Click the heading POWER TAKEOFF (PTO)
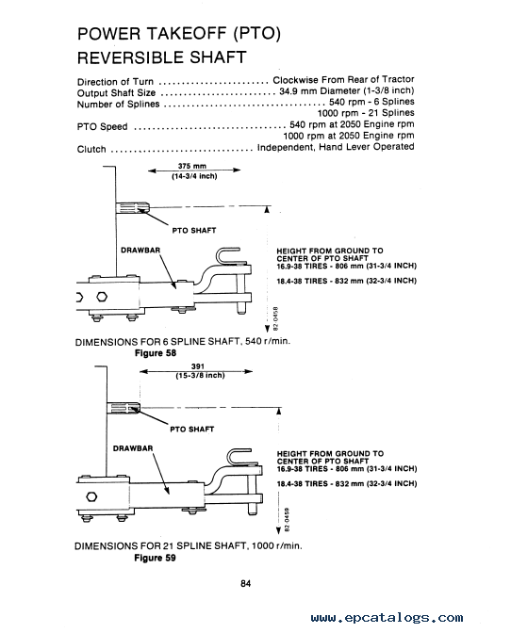178,34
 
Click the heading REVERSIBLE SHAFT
161,57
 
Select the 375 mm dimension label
192,166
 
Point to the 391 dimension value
198,366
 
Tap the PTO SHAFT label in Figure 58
194,231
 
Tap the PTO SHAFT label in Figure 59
192,430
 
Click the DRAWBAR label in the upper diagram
140,251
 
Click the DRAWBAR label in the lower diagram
133,448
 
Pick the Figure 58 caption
156,353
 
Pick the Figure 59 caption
156,558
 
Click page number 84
246,583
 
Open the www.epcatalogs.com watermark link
387,618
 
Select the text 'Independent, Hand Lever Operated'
336,147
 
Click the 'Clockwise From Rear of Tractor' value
343,80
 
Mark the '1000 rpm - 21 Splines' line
366,113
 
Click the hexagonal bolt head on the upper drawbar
102,298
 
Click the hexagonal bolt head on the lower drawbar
92,496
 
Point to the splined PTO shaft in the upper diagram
133,209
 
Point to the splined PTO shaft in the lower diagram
124,408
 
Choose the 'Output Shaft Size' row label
116,93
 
